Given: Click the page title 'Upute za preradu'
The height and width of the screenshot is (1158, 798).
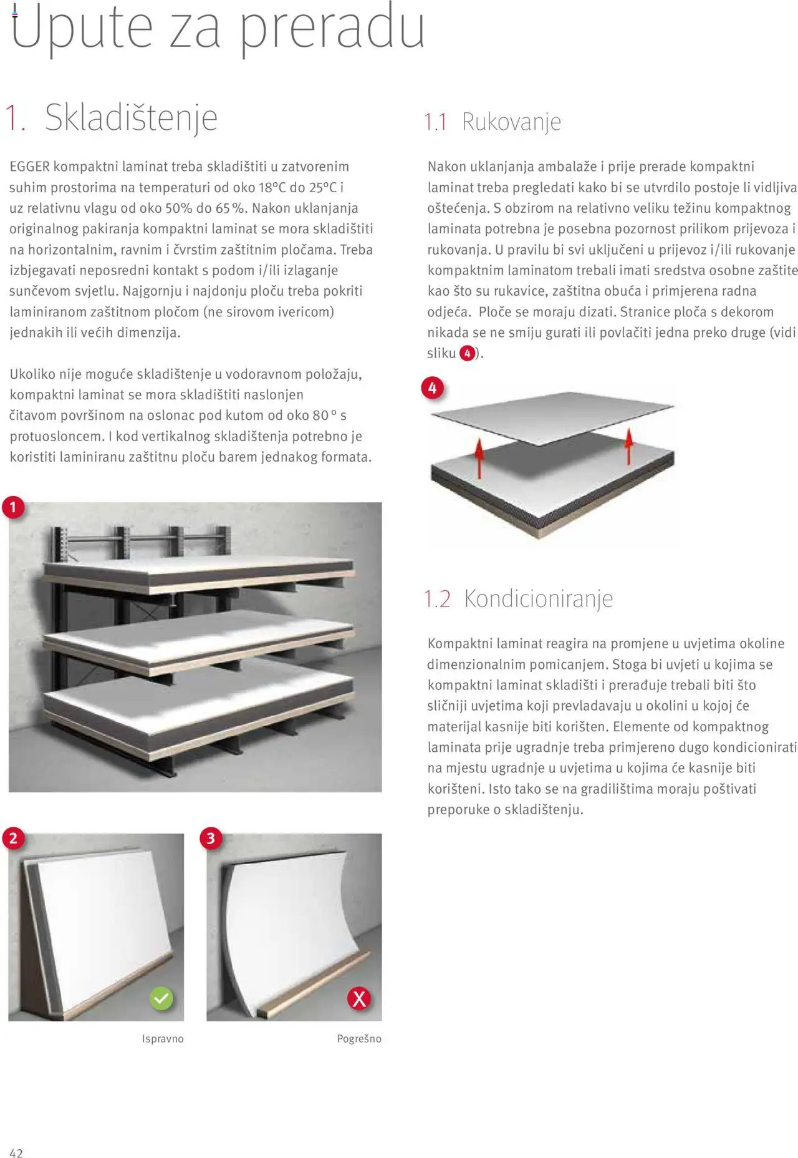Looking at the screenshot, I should coord(218,28).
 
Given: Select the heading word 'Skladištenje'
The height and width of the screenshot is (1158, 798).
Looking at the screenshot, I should coord(131,117).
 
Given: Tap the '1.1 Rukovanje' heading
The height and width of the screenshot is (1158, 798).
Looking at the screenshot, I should coord(493,122).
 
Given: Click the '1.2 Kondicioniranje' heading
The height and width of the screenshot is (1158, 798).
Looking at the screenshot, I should coord(518,598).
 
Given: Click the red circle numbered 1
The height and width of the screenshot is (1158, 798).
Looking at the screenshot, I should coord(13,507).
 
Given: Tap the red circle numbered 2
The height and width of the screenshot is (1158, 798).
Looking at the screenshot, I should coord(13,838).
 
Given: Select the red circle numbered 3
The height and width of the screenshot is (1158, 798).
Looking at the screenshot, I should coord(211,838).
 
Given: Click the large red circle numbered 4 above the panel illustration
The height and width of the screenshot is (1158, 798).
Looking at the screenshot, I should coord(433,388).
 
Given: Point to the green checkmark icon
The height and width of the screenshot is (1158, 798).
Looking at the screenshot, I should coord(161,998).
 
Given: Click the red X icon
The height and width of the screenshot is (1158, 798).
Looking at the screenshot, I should coord(359,998).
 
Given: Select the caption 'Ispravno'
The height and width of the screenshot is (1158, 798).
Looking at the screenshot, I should coord(163,1039).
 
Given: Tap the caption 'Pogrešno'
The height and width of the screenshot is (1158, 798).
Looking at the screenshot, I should coord(359,1039).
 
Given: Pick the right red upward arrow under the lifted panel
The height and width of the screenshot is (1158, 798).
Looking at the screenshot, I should coord(629,445).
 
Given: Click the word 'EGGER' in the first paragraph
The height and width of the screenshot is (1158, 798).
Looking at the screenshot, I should coord(29,167).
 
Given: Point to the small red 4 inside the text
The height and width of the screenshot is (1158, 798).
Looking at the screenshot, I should coord(468,354).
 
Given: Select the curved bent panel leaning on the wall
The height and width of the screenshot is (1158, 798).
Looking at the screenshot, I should coord(281,930).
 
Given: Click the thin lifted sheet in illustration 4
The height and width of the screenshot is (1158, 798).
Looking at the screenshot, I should coord(552,415).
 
